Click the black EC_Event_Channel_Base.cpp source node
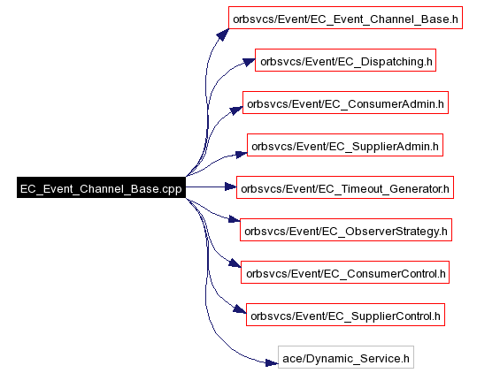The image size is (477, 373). pyautogui.click(x=101, y=187)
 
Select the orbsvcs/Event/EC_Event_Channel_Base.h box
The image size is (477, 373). pyautogui.click(x=345, y=18)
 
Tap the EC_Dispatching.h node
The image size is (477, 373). pyautogui.click(x=345, y=60)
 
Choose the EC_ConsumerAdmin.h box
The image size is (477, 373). pyautogui.click(x=345, y=103)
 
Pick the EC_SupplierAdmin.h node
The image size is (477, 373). pyautogui.click(x=345, y=145)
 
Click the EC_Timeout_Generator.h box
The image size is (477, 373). pyautogui.click(x=345, y=187)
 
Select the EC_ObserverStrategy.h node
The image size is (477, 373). pyautogui.click(x=346, y=230)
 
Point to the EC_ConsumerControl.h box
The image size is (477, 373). pyautogui.click(x=345, y=272)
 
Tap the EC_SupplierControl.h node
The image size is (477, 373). pyautogui.click(x=345, y=315)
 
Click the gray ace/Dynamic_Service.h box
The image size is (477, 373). pyautogui.click(x=346, y=357)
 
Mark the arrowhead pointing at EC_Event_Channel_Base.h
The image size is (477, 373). pyautogui.click(x=223, y=34)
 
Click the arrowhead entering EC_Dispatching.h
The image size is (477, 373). pyautogui.click(x=249, y=62)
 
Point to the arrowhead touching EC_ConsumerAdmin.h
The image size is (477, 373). pyautogui.click(x=236, y=110)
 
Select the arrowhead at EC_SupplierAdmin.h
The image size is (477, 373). pyautogui.click(x=242, y=154)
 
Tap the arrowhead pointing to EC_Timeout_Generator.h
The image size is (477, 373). pyautogui.click(x=231, y=186)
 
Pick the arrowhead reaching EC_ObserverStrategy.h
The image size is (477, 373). pyautogui.click(x=235, y=219)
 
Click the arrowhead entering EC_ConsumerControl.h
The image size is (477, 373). pyautogui.click(x=235, y=263)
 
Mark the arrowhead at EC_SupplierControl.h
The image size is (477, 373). pyautogui.click(x=240, y=309)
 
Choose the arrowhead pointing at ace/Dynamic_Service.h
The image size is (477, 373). pyautogui.click(x=272, y=362)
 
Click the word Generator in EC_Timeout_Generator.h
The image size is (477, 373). pyautogui.click(x=416, y=189)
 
